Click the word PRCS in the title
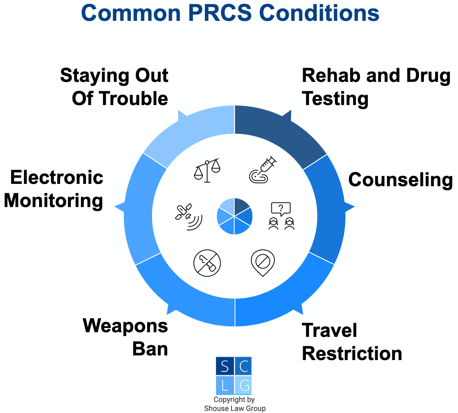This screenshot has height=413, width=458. pos(220,13)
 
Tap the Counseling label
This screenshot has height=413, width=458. pos(400,180)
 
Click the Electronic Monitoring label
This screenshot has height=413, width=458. pos(53,189)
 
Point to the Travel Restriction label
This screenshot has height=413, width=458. pos(352,342)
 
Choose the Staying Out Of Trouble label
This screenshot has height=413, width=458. pos(114,87)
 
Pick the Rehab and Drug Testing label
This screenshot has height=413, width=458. pos(376,87)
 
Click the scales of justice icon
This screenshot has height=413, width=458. pos(207,170)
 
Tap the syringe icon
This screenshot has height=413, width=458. pos(262,170)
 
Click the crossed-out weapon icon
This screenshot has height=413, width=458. pos(207,263)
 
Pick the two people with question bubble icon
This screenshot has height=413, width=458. pos(281,216)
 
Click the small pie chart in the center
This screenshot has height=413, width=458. pos(235,216)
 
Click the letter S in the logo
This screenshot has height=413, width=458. pos(225,366)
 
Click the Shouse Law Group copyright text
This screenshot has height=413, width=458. pos(235,404)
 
